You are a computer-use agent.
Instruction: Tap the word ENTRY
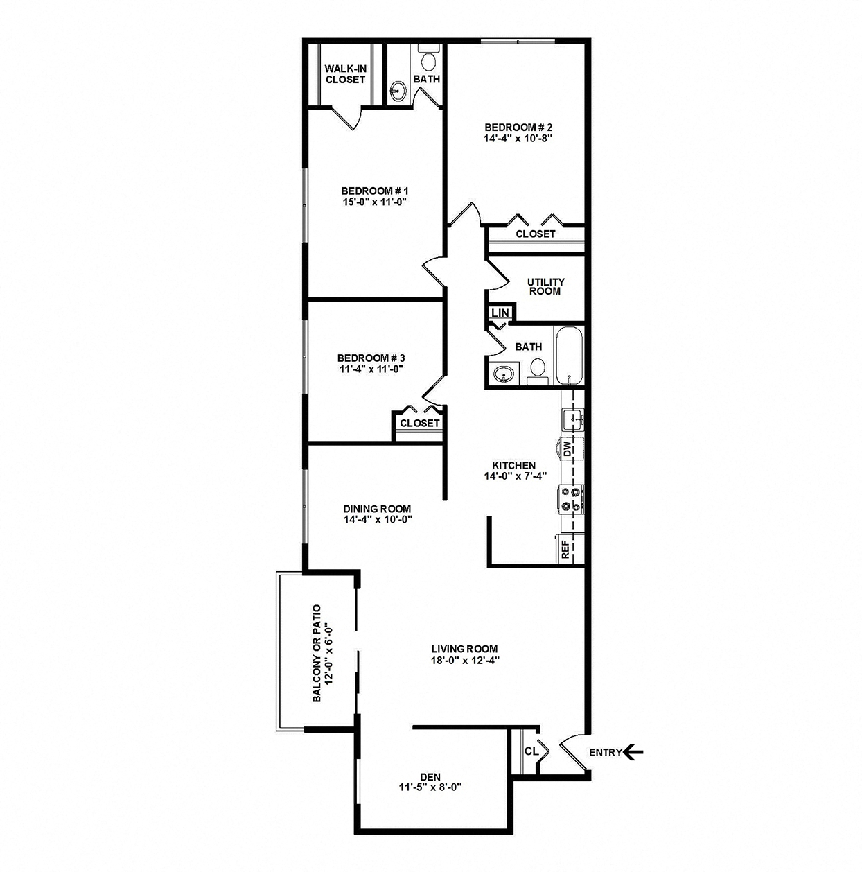pyautogui.click(x=605, y=753)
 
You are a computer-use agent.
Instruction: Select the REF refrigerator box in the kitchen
pyautogui.click(x=566, y=549)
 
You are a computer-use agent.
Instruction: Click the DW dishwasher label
pyautogui.click(x=567, y=449)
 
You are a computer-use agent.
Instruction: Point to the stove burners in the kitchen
pyautogui.click(x=572, y=498)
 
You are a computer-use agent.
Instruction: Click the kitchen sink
pyautogui.click(x=572, y=417)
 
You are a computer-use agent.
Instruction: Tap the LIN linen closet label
pyautogui.click(x=500, y=313)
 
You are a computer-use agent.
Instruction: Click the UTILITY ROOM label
pyautogui.click(x=546, y=286)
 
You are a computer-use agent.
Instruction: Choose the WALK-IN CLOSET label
pyautogui.click(x=345, y=74)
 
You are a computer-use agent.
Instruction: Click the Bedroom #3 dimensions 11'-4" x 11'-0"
pyautogui.click(x=371, y=369)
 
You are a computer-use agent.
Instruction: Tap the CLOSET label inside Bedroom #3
pyautogui.click(x=420, y=423)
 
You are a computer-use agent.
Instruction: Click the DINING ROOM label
pyautogui.click(x=377, y=508)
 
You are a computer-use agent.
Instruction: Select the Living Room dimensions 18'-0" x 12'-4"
pyautogui.click(x=464, y=660)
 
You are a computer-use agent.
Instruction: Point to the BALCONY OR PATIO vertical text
pyautogui.click(x=317, y=653)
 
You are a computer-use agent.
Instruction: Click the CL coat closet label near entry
pyautogui.click(x=531, y=751)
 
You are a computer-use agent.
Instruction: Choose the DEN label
pyautogui.click(x=430, y=776)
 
